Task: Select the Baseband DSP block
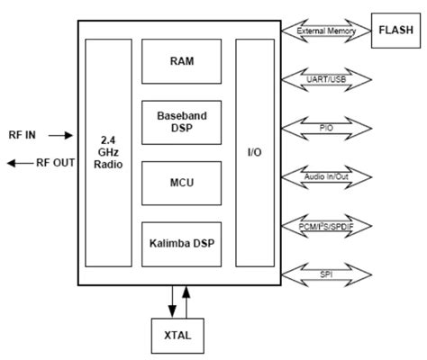(x=182, y=123)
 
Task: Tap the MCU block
(x=182, y=184)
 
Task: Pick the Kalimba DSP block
(x=182, y=244)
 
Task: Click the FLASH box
(x=395, y=29)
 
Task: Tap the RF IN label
(x=23, y=135)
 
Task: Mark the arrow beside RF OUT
(x=17, y=163)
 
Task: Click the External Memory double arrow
(x=325, y=31)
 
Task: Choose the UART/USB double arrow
(x=325, y=80)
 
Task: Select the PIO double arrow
(x=325, y=129)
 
